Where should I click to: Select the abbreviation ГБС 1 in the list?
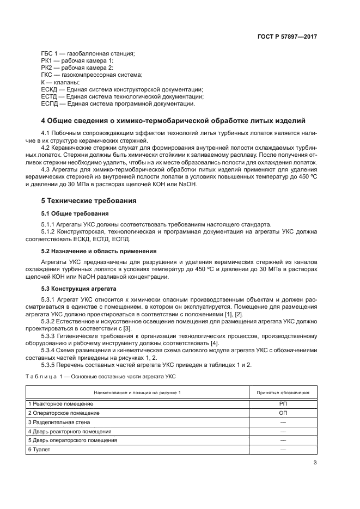tap(50, 53)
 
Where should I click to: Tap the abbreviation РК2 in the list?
tap(47, 68)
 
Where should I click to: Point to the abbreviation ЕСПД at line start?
tap(50, 103)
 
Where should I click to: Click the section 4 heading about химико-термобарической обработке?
tap(173, 120)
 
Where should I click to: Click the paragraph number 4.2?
tap(46, 148)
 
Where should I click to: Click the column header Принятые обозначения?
tap(283, 393)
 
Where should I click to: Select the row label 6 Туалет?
tap(40, 450)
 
